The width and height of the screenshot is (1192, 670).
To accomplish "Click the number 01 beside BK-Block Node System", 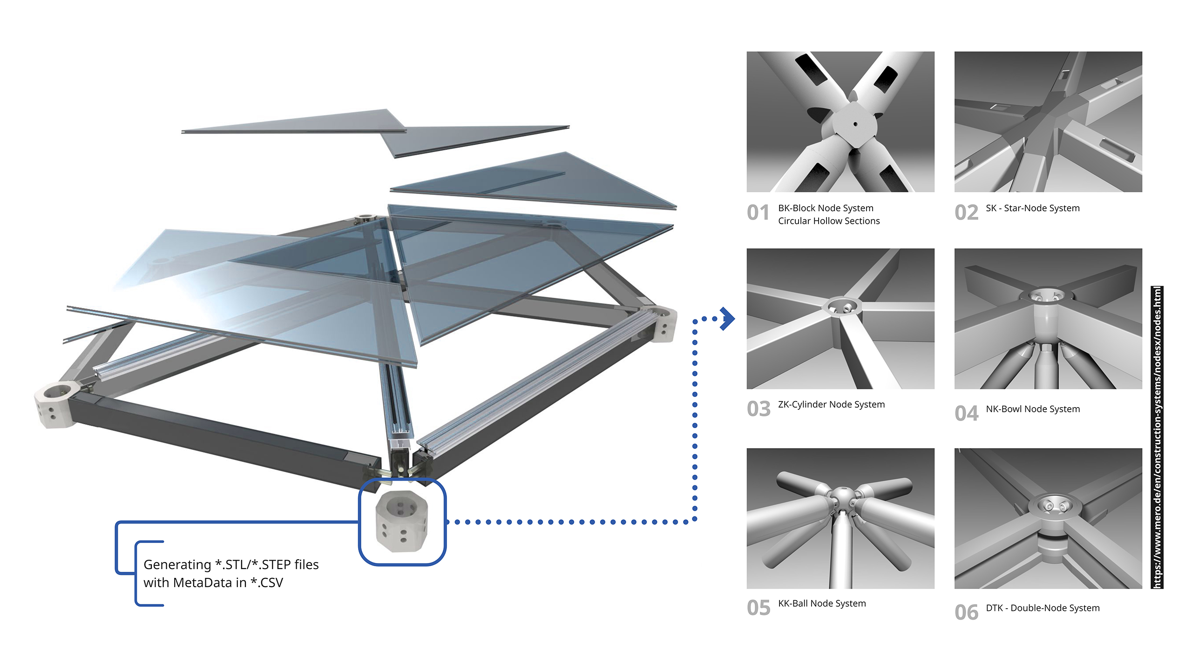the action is [758, 213].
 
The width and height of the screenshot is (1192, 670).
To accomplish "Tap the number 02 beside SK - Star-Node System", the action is [966, 213].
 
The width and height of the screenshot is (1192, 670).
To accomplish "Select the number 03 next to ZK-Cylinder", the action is [759, 409].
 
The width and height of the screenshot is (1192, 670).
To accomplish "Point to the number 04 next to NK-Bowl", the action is [967, 413].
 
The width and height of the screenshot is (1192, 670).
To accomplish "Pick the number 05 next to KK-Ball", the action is [759, 608].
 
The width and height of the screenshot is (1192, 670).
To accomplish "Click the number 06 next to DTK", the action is [967, 612].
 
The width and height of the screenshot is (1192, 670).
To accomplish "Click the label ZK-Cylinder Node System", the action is [831, 404].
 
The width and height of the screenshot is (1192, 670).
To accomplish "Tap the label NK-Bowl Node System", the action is [1033, 409].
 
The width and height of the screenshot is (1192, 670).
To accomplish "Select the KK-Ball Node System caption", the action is [822, 603].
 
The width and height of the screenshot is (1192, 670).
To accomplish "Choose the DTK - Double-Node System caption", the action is [1043, 608].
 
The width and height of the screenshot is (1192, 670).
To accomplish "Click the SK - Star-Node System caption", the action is [1032, 208].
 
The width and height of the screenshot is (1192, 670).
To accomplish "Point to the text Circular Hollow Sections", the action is [829, 221].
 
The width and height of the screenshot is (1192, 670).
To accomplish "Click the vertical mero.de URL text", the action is [1157, 437].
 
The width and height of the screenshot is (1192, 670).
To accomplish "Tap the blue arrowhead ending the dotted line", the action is [728, 319].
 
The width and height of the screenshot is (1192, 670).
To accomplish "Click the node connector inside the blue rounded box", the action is [401, 521].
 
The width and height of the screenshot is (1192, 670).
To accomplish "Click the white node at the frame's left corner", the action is [55, 404].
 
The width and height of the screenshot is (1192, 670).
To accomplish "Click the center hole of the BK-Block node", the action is [855, 124].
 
